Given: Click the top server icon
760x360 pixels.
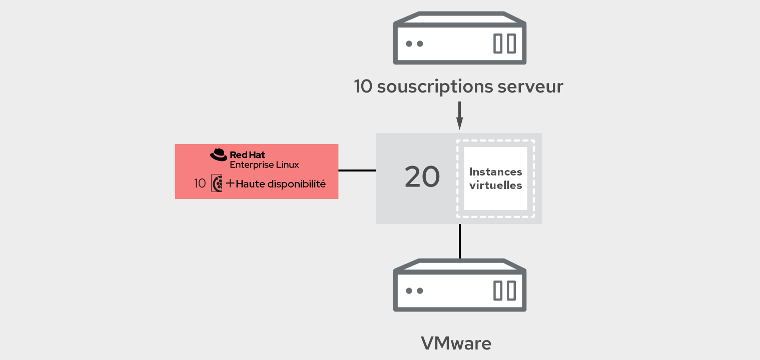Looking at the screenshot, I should click(x=459, y=38).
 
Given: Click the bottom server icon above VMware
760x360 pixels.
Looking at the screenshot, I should click(x=459, y=285).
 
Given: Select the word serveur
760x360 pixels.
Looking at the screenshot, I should click(x=530, y=86).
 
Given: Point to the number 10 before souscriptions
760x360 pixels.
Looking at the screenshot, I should click(x=363, y=86).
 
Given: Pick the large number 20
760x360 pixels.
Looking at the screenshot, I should click(x=422, y=177).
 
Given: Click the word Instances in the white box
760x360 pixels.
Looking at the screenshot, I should click(x=495, y=171).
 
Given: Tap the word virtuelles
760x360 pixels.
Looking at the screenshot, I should click(x=495, y=185).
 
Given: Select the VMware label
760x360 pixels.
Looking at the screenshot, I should click(x=456, y=343).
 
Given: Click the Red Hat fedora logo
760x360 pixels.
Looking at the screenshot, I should click(x=219, y=155).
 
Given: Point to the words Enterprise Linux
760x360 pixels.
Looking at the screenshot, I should click(x=264, y=165).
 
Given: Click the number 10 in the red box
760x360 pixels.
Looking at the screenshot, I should click(x=200, y=183).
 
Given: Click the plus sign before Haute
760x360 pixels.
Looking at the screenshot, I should click(x=230, y=183).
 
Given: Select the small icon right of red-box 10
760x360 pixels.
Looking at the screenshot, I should click(x=217, y=183).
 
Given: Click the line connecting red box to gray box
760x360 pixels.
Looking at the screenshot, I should click(x=357, y=170).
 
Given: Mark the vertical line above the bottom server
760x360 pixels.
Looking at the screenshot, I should click(x=459, y=241).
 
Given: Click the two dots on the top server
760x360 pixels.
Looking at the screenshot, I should click(x=414, y=43).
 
